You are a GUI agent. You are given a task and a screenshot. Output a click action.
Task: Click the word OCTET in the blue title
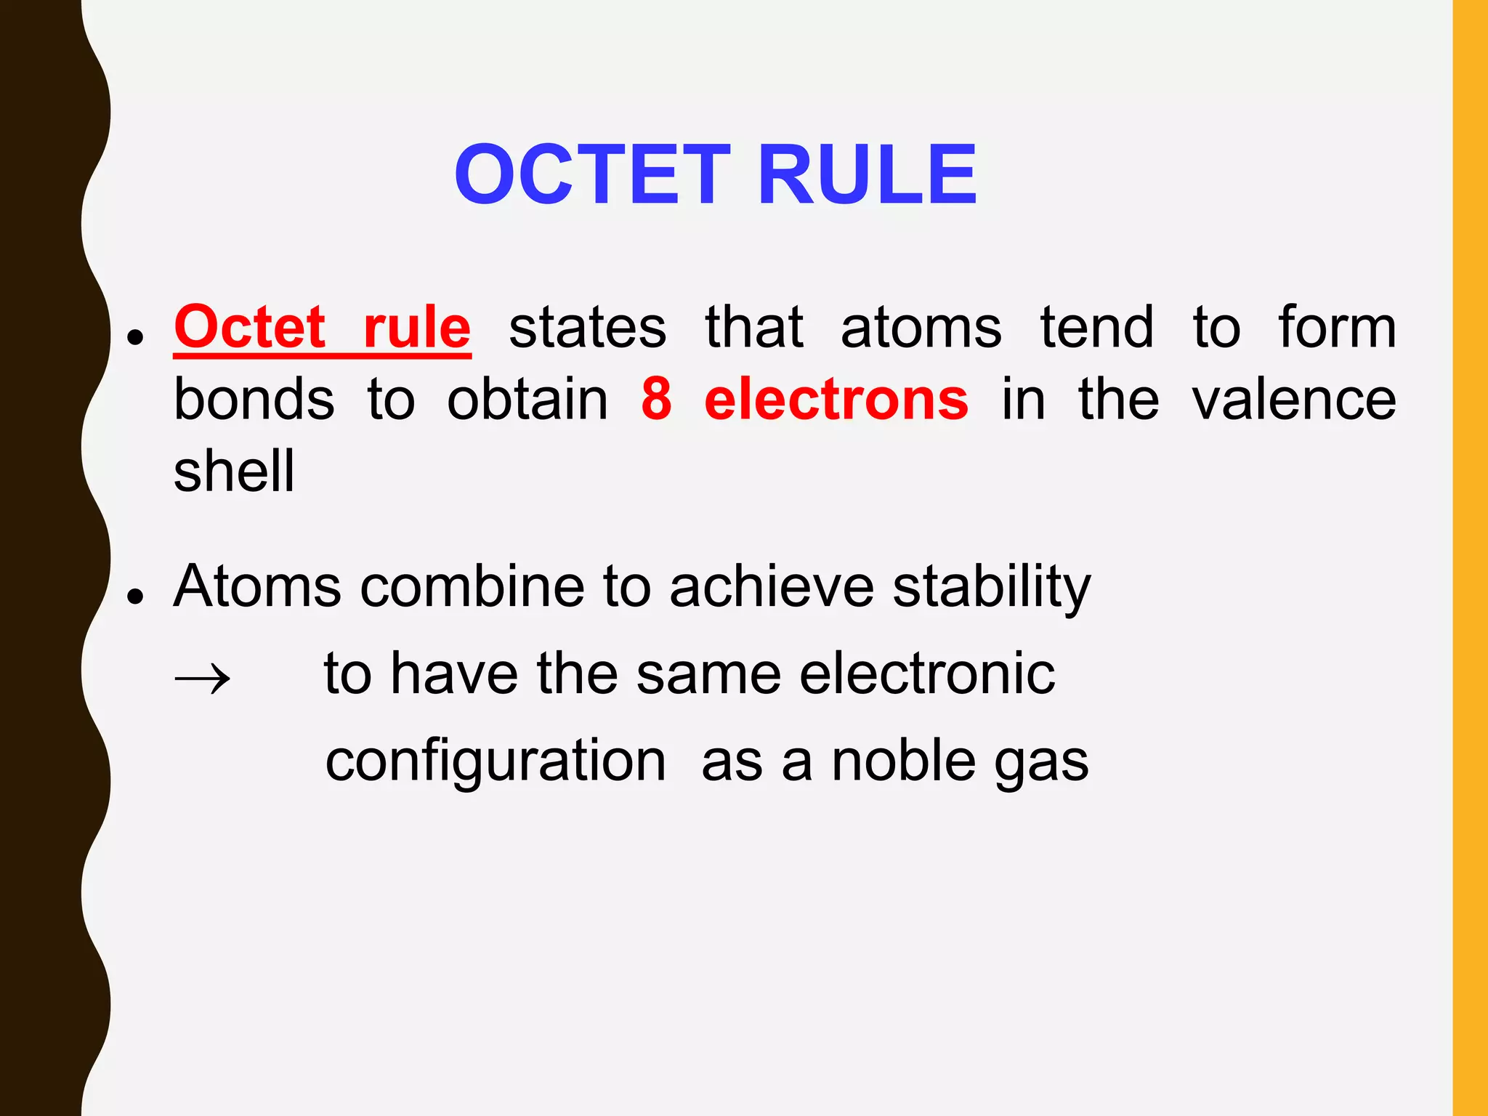pyautogui.click(x=592, y=175)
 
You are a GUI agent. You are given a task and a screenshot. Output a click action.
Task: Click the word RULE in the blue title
pyautogui.click(x=868, y=175)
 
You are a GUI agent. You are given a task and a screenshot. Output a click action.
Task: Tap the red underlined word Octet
pyautogui.click(x=249, y=328)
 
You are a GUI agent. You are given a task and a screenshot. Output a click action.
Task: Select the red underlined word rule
pyautogui.click(x=417, y=328)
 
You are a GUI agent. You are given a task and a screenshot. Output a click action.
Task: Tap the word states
pyautogui.click(x=587, y=328)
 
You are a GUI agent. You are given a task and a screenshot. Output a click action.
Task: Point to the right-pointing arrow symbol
pyautogui.click(x=203, y=679)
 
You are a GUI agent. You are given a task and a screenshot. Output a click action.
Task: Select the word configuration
pyautogui.click(x=496, y=762)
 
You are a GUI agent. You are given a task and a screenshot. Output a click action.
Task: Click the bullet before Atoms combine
pyautogui.click(x=134, y=596)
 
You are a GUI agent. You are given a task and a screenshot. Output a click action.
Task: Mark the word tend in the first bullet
pyautogui.click(x=1096, y=328)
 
